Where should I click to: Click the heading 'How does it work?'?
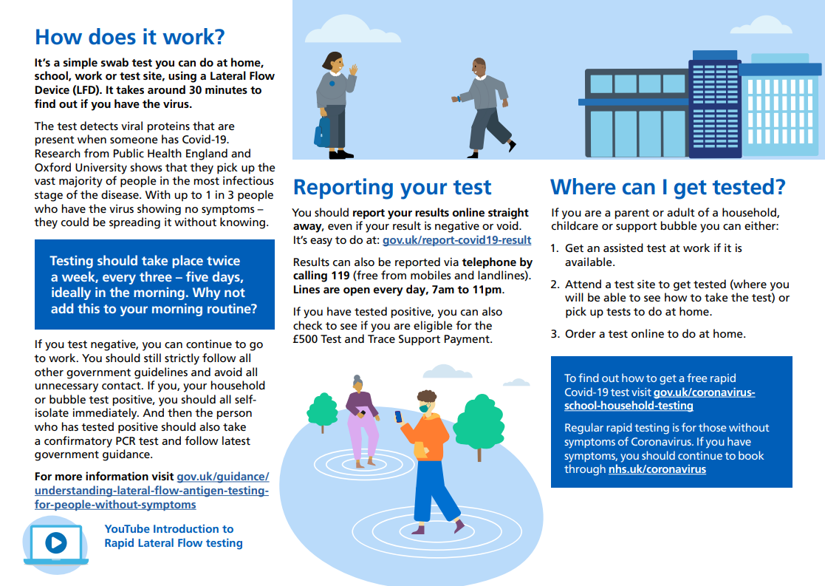[129, 38]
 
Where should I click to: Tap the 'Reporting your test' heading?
[392, 188]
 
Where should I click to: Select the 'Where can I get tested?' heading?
[668, 188]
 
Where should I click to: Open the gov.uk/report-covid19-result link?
[456, 240]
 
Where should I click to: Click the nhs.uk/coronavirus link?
[657, 469]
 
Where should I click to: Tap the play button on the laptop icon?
[56, 542]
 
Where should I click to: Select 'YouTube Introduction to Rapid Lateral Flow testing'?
[174, 536]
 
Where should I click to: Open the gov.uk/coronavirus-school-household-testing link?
[660, 399]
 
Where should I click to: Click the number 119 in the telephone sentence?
[340, 276]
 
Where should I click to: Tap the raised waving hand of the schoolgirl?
[354, 69]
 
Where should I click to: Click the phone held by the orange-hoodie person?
[398, 417]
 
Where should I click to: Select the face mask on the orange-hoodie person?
[424, 408]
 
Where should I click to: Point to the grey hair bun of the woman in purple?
[357, 378]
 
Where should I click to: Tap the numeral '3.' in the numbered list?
[555, 334]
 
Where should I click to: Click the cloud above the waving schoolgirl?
[352, 30]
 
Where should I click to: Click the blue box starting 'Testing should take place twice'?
[154, 285]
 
